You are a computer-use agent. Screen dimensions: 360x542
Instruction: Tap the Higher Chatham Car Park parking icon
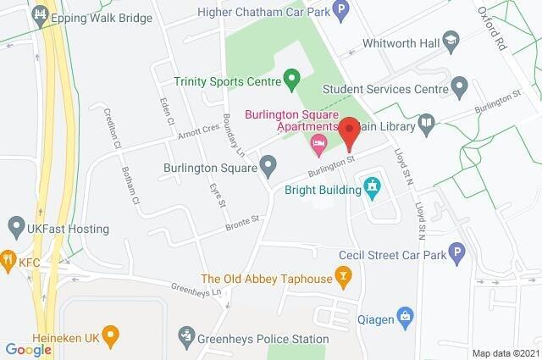pyautogui.click(x=340, y=11)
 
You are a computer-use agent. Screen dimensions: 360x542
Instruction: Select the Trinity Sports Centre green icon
pyautogui.click(x=292, y=82)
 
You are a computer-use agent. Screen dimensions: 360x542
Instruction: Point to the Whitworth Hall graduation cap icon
pyautogui.click(x=452, y=42)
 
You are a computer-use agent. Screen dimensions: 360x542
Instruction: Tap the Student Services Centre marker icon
pyautogui.click(x=460, y=85)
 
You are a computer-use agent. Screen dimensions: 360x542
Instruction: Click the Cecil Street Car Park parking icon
pyautogui.click(x=456, y=252)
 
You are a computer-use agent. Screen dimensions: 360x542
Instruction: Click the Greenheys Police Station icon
pyautogui.click(x=186, y=339)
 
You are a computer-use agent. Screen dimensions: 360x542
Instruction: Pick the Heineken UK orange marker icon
pyautogui.click(x=108, y=334)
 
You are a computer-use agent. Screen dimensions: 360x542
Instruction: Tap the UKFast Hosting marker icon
pyautogui.click(x=14, y=227)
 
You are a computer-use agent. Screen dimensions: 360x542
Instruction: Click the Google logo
pyautogui.click(x=28, y=349)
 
